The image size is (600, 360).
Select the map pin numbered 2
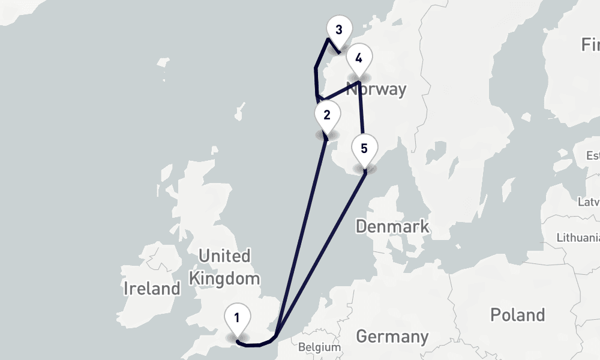(x=326, y=115)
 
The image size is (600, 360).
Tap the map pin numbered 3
(x=339, y=30)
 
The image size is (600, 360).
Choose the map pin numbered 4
(x=359, y=59)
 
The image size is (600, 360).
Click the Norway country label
(x=377, y=90)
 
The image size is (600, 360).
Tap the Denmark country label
(x=392, y=226)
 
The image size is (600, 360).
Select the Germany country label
(x=392, y=336)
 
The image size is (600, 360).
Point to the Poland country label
(x=517, y=315)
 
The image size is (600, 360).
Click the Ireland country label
(x=152, y=289)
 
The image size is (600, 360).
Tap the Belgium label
(x=319, y=347)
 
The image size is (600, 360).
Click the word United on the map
(x=224, y=256)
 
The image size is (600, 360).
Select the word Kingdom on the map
(x=224, y=278)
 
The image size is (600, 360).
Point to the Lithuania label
(x=578, y=237)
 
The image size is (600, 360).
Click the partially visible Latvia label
(x=588, y=202)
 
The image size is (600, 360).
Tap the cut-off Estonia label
(x=592, y=156)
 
